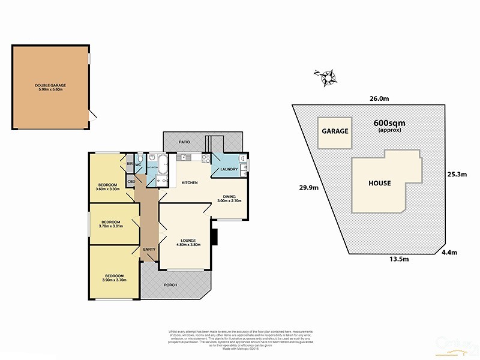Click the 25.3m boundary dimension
click(x=457, y=175)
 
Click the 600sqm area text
click(x=386, y=122)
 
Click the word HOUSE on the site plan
click(x=380, y=183)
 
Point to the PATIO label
click(x=184, y=142)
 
